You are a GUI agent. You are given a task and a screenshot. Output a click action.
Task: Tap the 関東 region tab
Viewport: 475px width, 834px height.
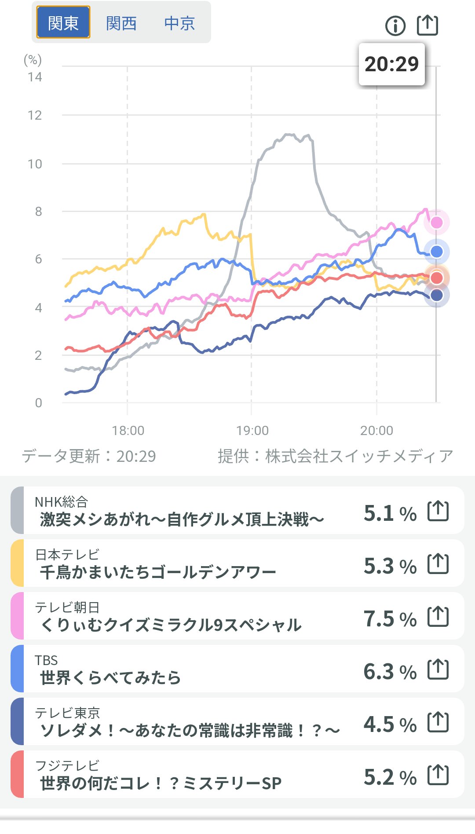click(63, 22)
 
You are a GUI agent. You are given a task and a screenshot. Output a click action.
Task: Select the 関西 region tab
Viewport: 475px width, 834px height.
click(121, 23)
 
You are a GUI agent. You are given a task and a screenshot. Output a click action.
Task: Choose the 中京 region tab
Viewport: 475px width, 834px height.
click(179, 23)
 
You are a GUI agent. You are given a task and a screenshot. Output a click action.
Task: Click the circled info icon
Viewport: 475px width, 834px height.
click(395, 26)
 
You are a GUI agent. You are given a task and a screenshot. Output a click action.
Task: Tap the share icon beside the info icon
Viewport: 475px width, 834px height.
click(427, 25)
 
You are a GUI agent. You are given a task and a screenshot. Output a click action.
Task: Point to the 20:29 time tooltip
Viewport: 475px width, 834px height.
click(391, 64)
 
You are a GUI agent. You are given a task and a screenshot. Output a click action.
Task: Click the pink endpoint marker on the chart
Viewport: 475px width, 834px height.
click(436, 223)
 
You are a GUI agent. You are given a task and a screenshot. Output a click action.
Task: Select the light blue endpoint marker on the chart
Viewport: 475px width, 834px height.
click(436, 252)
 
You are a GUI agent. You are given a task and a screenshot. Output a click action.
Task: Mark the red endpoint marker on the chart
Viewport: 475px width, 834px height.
click(436, 278)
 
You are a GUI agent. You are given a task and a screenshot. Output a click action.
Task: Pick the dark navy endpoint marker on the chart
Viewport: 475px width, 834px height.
click(436, 295)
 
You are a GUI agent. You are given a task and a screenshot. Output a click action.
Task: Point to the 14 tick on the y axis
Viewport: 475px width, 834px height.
click(35, 77)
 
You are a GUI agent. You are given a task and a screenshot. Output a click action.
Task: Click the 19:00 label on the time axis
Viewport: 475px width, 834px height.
click(252, 430)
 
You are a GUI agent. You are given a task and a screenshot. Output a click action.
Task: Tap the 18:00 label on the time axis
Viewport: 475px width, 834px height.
click(128, 430)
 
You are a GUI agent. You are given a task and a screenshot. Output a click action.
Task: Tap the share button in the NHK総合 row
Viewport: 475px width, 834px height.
click(438, 511)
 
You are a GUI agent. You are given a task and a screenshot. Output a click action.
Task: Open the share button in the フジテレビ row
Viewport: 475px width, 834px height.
click(438, 775)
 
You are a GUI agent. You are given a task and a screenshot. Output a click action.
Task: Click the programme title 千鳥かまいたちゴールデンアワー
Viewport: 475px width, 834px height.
click(158, 572)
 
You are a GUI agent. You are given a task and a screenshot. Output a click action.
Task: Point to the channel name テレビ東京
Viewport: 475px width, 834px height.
click(68, 713)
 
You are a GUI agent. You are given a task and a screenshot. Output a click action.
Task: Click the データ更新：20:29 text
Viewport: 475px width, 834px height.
click(89, 456)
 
